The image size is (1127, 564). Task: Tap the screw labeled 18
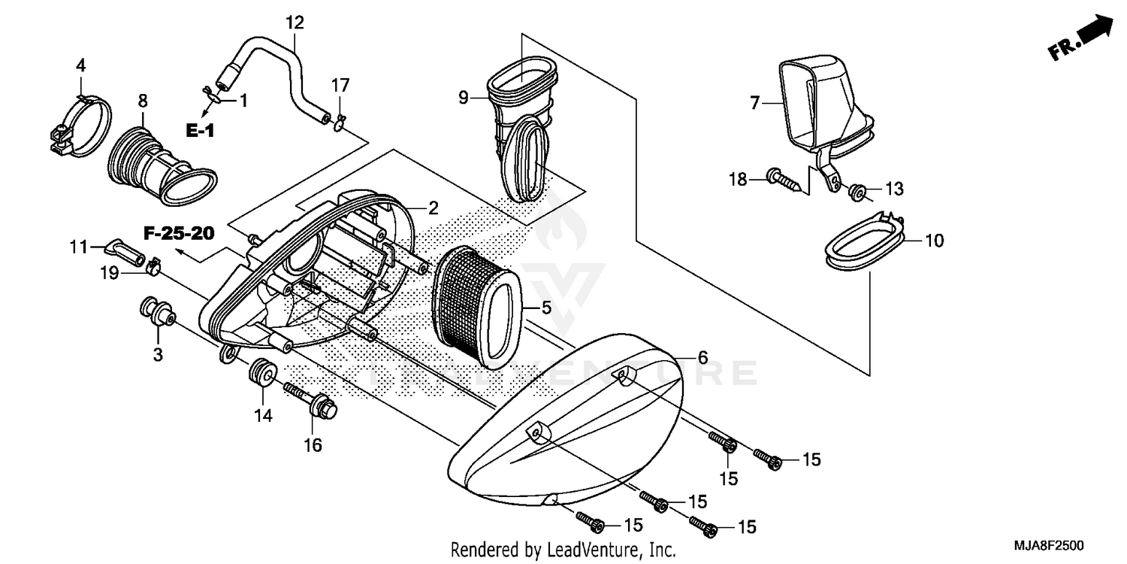[x=781, y=179]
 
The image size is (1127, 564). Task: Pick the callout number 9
[x=464, y=97]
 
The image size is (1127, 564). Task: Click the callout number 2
[x=433, y=208]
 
